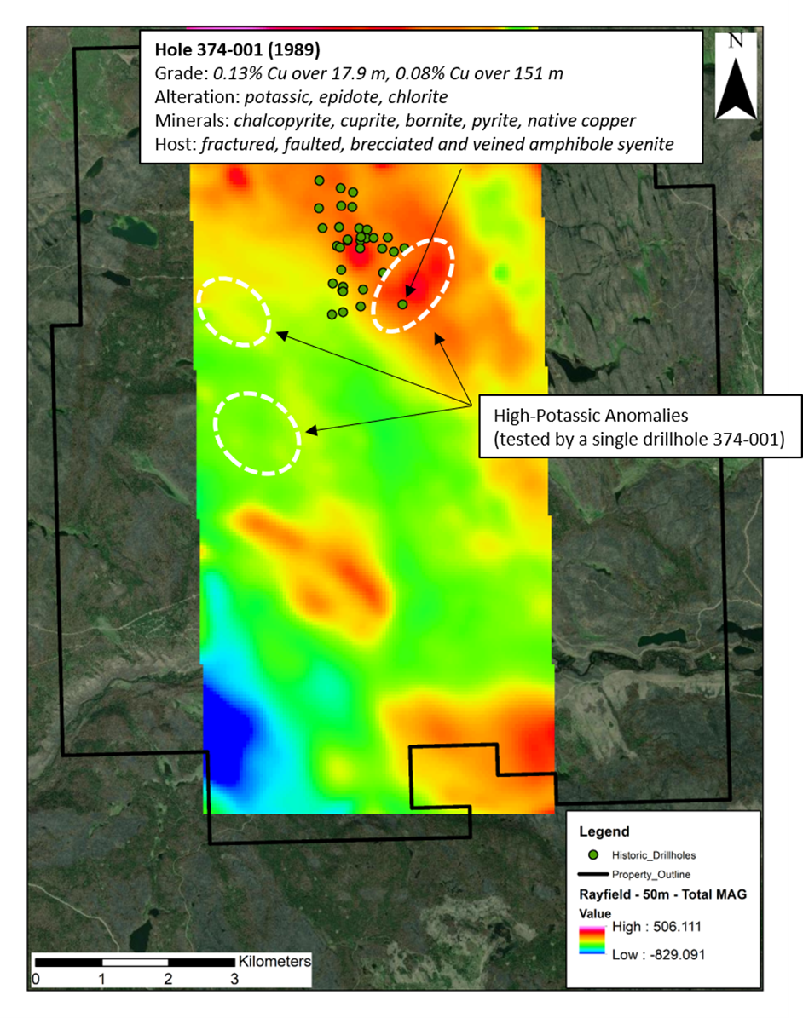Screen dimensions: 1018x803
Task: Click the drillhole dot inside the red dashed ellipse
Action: [x=402, y=304]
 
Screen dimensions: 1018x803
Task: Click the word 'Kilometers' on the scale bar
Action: [x=274, y=961]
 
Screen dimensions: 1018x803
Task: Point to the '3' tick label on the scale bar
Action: [x=234, y=979]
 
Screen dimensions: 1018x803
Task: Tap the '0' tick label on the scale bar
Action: [x=35, y=979]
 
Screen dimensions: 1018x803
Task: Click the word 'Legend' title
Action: [x=604, y=831]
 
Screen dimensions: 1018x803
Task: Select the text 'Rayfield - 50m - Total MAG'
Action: [x=651, y=894]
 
